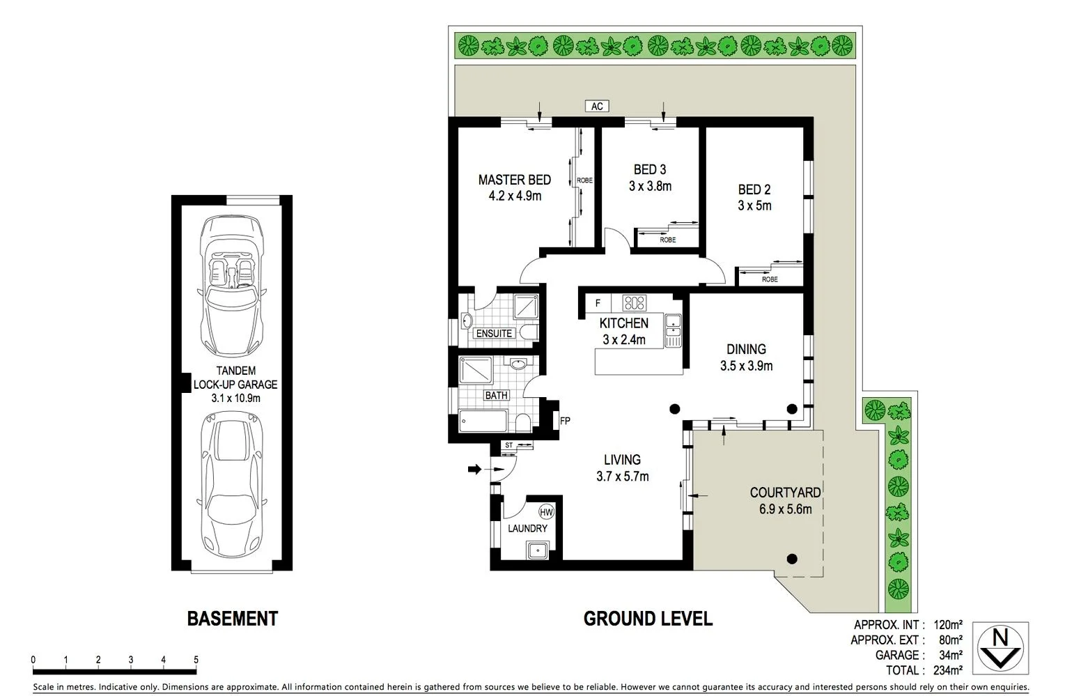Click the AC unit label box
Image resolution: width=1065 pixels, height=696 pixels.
coord(597,106)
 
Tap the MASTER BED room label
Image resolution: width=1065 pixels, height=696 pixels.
coord(514,180)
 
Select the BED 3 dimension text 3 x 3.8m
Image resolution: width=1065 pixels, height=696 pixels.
coord(650,186)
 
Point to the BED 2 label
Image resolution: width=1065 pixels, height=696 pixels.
coord(754,190)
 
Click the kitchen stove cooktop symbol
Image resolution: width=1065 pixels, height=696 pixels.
coord(634,302)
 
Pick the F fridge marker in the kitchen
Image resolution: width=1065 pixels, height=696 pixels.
coord(598,303)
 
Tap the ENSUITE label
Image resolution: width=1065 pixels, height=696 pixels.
coord(494,334)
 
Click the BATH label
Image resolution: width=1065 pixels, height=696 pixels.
coord(496,395)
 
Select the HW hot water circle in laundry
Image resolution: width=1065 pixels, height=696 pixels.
coord(546,512)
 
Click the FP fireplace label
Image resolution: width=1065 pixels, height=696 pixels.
coord(565,421)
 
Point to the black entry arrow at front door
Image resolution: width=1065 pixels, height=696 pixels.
coord(474,470)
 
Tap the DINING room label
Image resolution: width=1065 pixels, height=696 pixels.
coord(746,349)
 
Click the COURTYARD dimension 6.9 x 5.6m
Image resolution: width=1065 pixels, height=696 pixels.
coord(785,509)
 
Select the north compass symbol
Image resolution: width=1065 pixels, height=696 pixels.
coord(1000,648)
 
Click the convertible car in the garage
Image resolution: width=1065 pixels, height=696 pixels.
coord(232,286)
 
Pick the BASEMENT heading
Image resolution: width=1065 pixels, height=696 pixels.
coord(232,619)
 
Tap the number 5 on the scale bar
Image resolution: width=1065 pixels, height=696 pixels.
coord(196,660)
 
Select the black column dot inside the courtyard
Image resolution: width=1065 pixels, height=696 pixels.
coord(791,558)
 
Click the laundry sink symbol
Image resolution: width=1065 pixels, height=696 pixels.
coord(538,551)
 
